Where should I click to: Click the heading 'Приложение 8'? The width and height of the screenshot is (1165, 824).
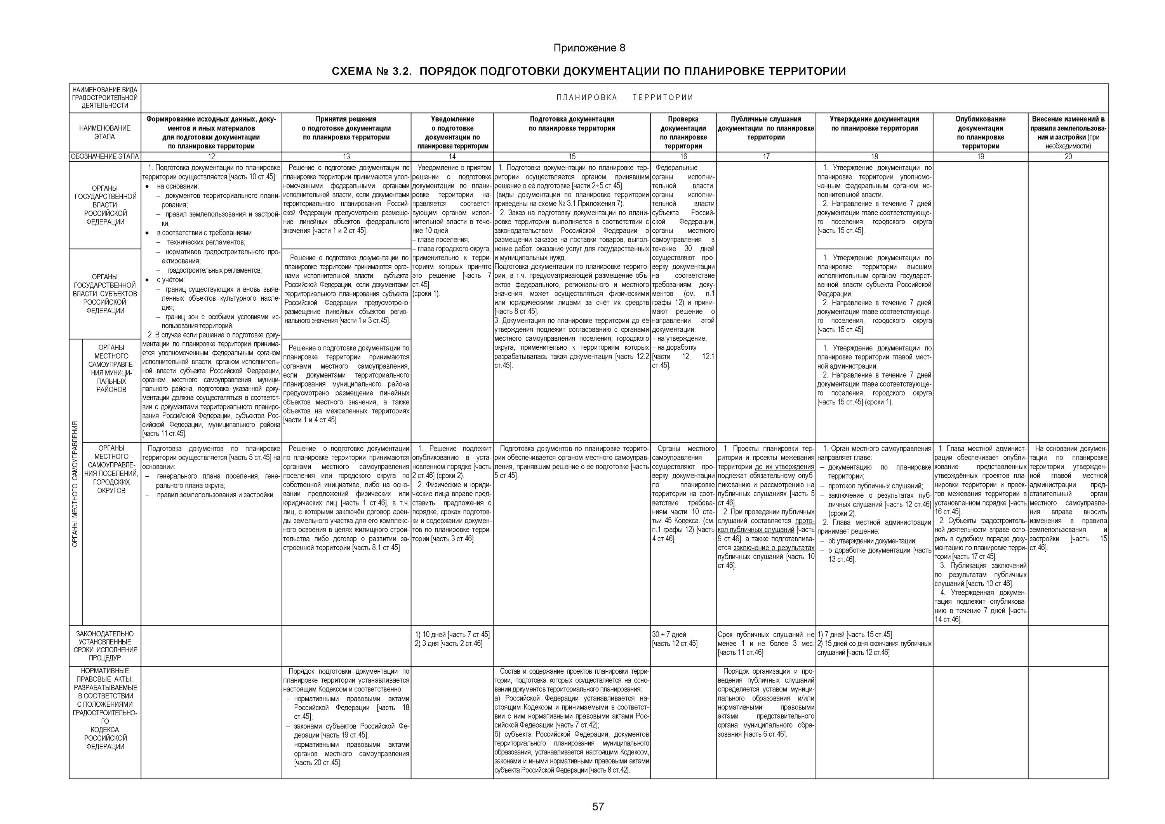point(589,48)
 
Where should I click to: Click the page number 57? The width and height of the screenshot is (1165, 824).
point(598,806)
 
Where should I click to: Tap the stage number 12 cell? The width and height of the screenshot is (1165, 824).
point(211,157)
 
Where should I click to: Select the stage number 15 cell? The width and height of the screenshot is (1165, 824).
point(572,157)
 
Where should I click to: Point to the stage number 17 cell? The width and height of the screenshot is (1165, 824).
point(766,157)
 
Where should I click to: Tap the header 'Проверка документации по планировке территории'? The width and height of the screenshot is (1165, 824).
point(683,132)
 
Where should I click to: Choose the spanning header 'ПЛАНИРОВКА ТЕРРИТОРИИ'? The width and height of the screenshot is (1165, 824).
point(624,98)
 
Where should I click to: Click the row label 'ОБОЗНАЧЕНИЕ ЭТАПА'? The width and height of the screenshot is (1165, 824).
point(105,157)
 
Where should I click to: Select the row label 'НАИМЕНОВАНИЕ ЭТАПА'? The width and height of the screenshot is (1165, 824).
point(105,132)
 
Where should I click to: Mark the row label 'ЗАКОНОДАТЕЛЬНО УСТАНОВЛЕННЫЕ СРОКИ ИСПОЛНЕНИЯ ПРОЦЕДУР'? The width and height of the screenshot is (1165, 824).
point(105,645)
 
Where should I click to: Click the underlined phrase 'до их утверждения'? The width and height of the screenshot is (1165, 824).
point(784,467)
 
